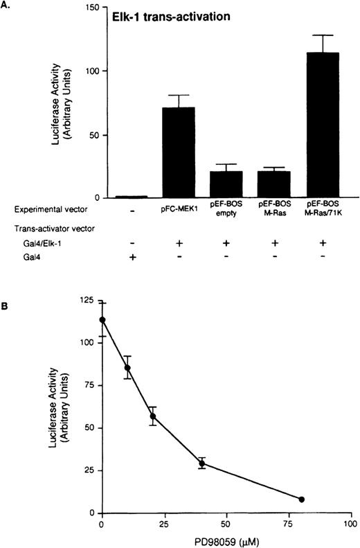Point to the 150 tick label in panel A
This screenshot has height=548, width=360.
[91, 6]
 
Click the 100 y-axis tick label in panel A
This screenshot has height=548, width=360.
[91, 71]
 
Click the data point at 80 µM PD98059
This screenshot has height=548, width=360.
[301, 499]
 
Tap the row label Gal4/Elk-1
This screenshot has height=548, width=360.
[31, 243]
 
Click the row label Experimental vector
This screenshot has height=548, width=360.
[41, 207]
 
